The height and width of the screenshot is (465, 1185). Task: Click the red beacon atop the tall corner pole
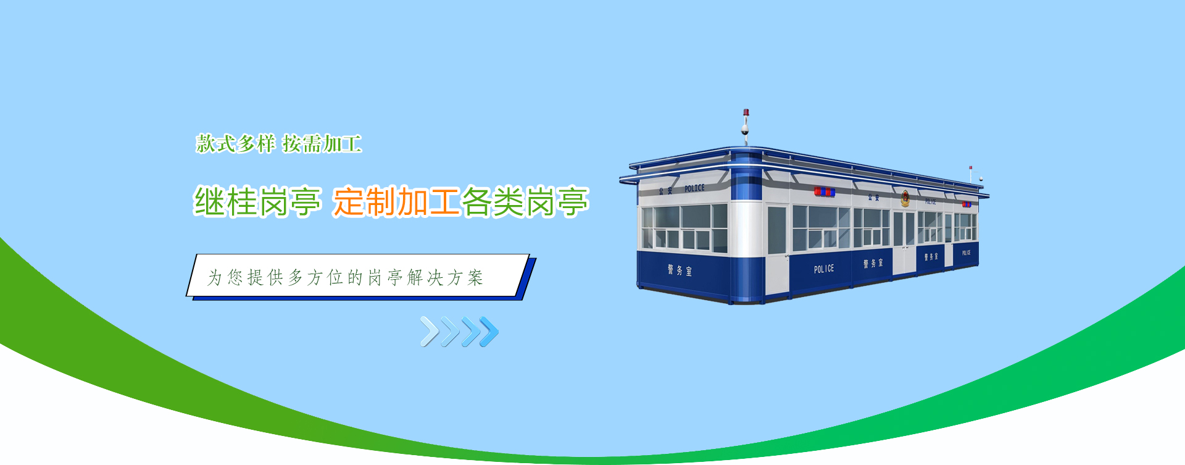coord(746,112)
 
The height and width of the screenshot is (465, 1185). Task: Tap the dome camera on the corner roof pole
coord(745,130)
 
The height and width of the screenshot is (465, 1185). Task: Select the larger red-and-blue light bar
coord(825,192)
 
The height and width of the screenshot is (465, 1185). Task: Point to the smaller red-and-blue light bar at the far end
coord(967,204)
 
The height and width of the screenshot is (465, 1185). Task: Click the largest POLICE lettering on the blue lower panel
coord(824,269)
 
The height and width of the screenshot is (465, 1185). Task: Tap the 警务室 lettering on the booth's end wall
coord(680,270)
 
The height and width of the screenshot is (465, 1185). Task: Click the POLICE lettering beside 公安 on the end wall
coord(694,188)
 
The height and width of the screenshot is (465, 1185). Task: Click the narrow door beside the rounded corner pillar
coord(777,248)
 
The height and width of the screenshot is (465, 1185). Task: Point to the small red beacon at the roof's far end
coord(970,167)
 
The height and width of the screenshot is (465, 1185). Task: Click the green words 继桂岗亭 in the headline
coord(258,201)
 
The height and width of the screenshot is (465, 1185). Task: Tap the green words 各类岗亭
coord(525,201)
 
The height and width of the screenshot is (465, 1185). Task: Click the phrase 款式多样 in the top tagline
coord(236,144)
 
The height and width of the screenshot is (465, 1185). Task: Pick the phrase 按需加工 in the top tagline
coord(322,144)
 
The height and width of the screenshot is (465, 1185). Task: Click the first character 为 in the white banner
coord(214,278)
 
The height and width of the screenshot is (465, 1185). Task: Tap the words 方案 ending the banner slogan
coord(465,278)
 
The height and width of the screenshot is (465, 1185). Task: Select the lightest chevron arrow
coord(430,332)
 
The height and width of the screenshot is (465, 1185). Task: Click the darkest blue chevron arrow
coord(489,332)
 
